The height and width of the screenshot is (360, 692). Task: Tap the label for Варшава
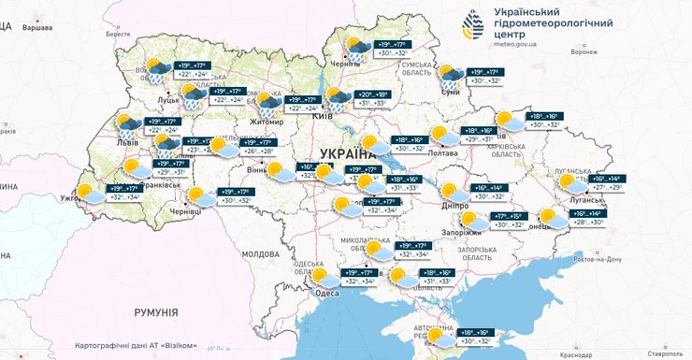36,29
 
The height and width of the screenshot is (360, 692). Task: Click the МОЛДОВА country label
261,253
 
